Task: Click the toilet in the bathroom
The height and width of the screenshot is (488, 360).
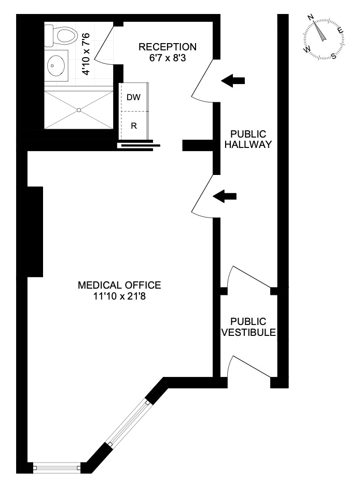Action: point(62,36)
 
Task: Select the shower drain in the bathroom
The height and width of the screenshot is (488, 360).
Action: point(79,110)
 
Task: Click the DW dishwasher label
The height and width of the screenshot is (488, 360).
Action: point(133,97)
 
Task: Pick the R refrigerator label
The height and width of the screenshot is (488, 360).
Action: point(133,126)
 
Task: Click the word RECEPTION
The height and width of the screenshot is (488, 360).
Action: point(168,47)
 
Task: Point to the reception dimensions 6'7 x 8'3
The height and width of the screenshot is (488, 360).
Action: point(168,58)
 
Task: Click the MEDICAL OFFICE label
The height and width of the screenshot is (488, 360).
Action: point(119,285)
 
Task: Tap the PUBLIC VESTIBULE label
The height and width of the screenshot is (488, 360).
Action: point(248,327)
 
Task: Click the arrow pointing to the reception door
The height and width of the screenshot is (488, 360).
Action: point(233,80)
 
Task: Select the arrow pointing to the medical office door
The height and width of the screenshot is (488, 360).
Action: point(225,196)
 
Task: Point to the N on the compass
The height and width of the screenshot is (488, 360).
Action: point(311,18)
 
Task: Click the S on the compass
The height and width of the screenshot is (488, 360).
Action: point(333,56)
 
